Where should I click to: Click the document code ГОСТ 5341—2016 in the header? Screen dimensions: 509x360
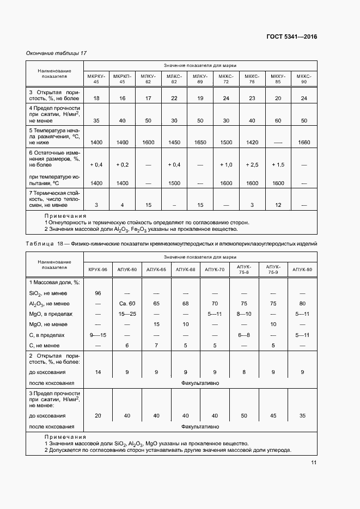coord(291,37)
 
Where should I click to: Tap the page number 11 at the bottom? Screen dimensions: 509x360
coord(314,463)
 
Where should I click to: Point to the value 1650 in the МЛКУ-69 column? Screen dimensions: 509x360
coord(200,142)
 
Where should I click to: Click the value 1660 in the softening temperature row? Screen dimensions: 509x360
coord(304,142)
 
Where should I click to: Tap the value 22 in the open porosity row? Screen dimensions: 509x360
coord(174,98)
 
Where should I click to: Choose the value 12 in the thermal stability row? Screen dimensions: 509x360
coord(278,205)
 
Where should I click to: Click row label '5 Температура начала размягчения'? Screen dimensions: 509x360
coord(54,136)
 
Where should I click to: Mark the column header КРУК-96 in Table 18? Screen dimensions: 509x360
coord(98,269)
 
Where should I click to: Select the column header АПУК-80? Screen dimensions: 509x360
coord(302,269)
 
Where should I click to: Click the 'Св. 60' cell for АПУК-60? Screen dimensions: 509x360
coord(127,303)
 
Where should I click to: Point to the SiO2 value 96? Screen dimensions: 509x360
coord(98,293)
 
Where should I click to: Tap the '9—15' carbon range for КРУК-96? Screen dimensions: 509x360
coord(98,335)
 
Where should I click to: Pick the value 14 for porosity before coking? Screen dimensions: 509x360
coord(98,372)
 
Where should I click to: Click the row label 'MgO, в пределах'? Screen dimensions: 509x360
coord(51,314)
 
